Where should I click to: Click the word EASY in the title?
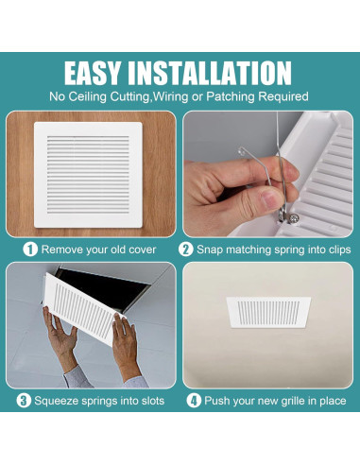(x=102, y=74)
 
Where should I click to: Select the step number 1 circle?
(x=29, y=250)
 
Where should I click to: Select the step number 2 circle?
(x=186, y=250)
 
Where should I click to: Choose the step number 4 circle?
(x=195, y=401)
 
